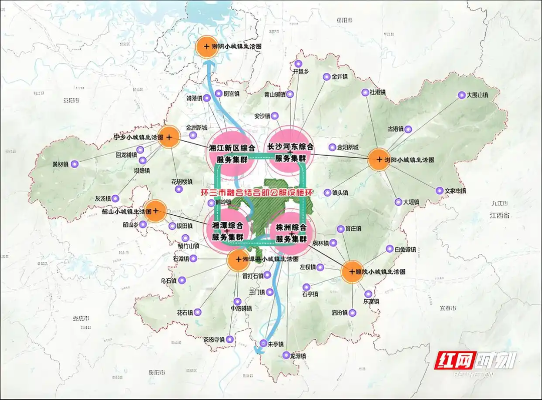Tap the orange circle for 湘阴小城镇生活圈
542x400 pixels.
click(205, 47)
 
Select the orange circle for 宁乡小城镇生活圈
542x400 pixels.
click(169, 137)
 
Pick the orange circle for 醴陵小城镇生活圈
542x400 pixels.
click(352, 272)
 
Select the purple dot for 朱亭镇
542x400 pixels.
click(263, 344)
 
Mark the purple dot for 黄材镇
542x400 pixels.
click(75, 164)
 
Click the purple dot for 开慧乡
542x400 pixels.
click(298, 64)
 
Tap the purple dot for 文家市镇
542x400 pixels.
click(440, 191)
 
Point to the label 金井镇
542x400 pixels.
click(340, 77)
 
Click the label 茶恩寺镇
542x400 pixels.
click(213, 340)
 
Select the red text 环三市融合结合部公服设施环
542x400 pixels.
click(253, 192)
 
